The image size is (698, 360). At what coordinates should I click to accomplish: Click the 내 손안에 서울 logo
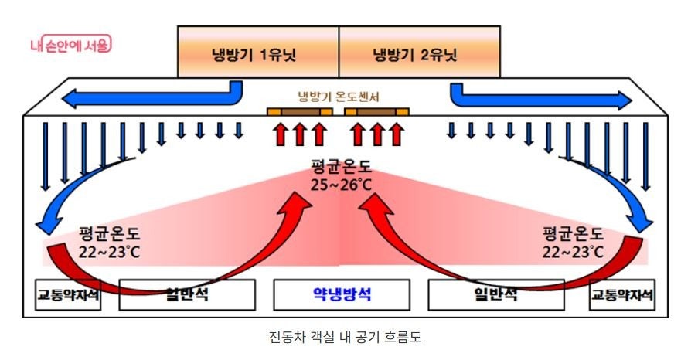coord(70,45)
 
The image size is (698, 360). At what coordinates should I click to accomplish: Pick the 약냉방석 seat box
coord(341,294)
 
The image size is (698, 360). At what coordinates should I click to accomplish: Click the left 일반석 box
coord(186,294)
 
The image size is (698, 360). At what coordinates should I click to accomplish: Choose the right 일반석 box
coord(495,294)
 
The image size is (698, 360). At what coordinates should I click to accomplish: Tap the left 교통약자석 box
coord(68,294)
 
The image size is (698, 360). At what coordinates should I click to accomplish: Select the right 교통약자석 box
coord(622,294)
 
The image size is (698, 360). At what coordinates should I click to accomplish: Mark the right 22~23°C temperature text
coord(573,251)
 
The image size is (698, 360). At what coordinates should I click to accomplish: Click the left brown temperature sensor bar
coord(300,112)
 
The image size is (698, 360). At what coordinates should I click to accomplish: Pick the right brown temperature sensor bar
coord(376,112)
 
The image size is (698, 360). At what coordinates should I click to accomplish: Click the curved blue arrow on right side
coord(625,193)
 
